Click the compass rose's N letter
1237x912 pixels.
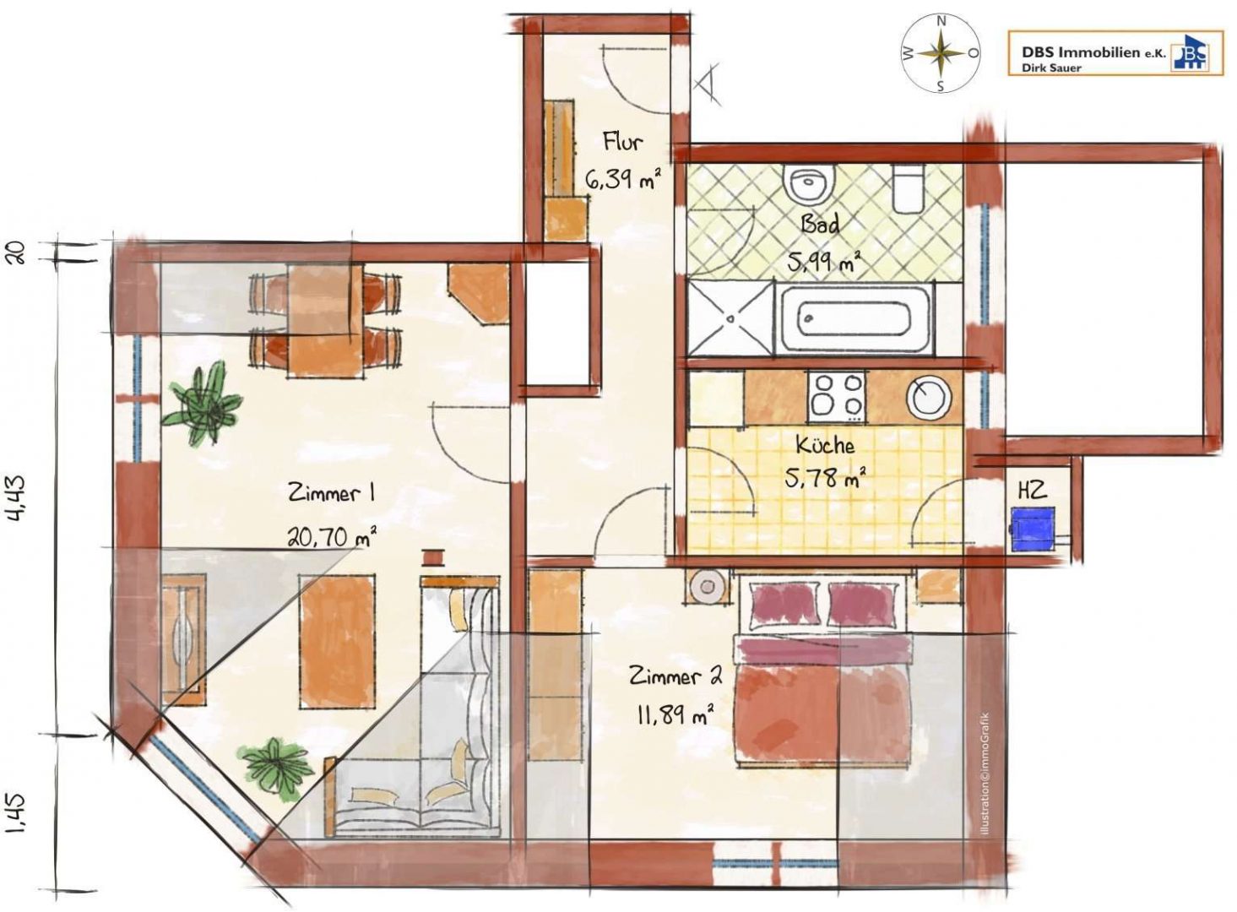point(941,22)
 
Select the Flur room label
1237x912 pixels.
point(622,141)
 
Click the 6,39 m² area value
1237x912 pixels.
point(622,178)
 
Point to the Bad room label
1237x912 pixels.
point(821,225)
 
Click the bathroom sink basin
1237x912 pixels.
point(810,184)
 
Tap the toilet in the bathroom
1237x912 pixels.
point(907,189)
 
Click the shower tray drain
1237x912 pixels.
point(730,318)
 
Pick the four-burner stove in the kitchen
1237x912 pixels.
point(837,395)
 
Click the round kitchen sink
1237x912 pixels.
point(929,397)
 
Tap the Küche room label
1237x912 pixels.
point(825,445)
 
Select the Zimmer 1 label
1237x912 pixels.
point(331,493)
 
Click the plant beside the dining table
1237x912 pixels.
point(202,402)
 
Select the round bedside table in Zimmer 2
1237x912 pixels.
point(706,586)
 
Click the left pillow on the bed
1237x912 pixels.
point(784,605)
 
